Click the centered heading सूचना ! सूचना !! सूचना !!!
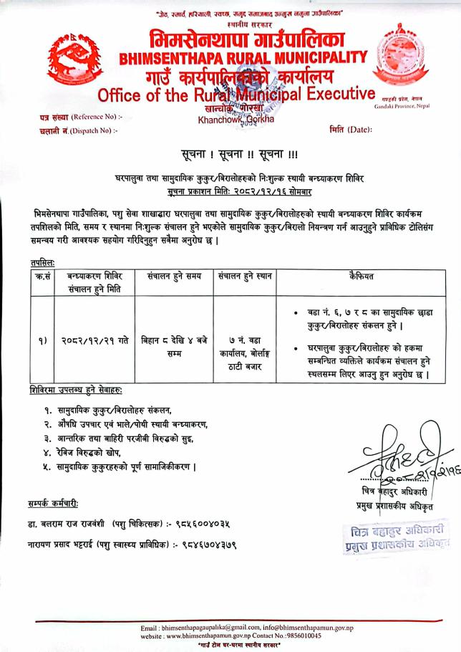point(230,155)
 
